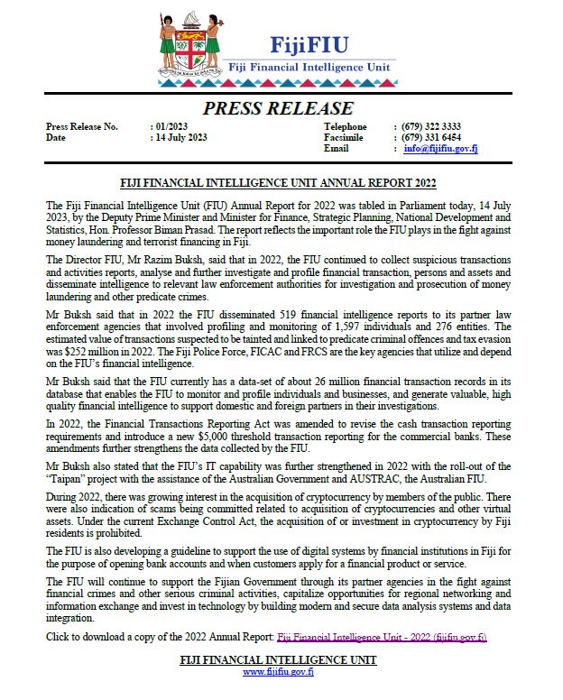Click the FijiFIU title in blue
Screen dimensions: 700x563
(309, 44)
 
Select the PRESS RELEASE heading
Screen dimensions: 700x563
(279, 108)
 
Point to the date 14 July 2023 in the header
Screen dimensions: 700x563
(181, 138)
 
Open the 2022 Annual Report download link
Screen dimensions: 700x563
(382, 638)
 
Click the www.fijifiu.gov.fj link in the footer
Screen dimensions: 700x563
(279, 672)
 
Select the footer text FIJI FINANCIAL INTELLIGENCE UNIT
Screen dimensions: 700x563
(279, 660)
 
